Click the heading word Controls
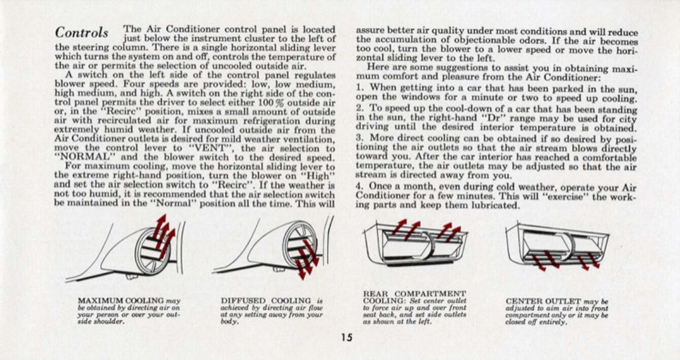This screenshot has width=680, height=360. click(x=82, y=33)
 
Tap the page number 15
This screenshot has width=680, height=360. click(x=347, y=337)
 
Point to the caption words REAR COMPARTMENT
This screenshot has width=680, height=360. click(x=415, y=293)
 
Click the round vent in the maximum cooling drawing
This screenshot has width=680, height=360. click(x=153, y=250)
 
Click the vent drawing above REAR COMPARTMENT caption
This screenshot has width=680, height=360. click(x=415, y=243)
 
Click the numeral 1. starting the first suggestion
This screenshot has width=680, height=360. click(x=359, y=88)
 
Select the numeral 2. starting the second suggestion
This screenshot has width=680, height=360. click(x=359, y=107)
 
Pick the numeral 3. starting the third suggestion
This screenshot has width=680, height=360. click(x=359, y=138)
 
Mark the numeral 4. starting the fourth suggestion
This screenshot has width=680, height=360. click(x=359, y=187)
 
